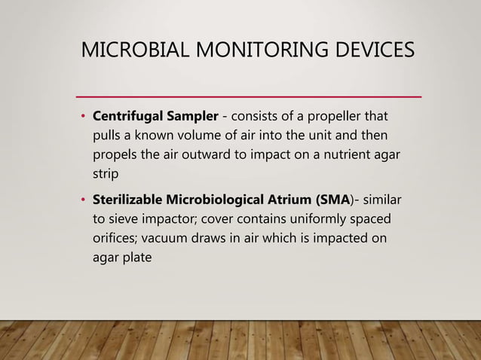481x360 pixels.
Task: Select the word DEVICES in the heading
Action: click(370, 51)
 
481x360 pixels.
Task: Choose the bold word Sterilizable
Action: click(128, 200)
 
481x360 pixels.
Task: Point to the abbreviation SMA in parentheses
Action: click(337, 200)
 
